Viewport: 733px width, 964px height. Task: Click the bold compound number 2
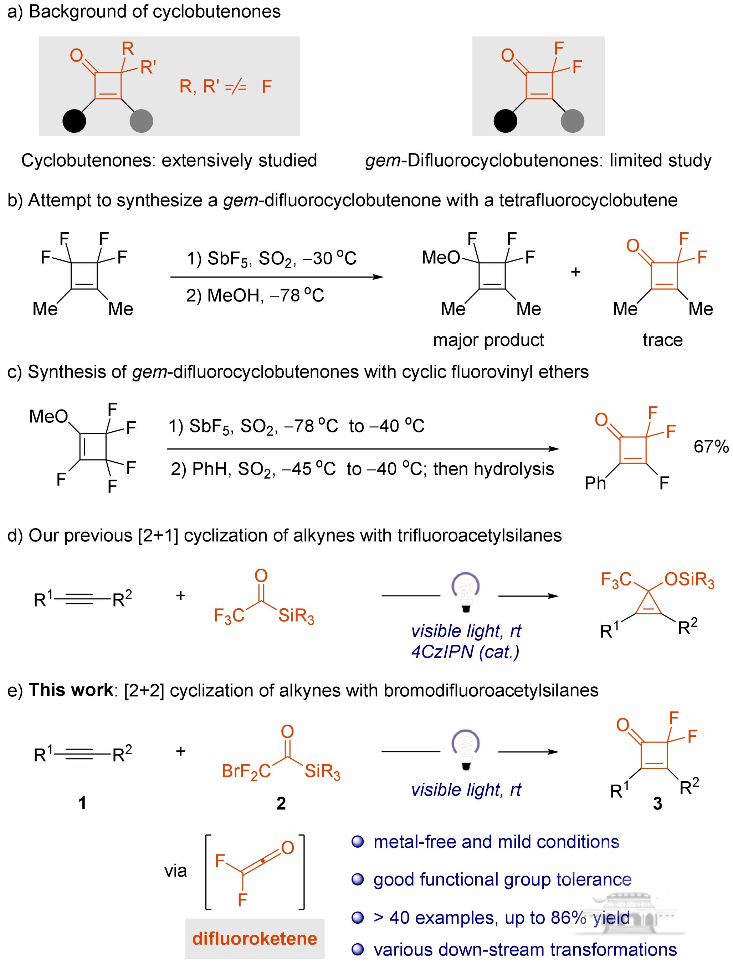[x=281, y=803]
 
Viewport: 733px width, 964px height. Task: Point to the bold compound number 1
[x=82, y=802]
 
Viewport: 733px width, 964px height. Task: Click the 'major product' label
[x=488, y=340]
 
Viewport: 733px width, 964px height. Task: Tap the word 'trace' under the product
[x=662, y=340]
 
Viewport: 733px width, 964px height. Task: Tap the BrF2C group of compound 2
[x=246, y=771]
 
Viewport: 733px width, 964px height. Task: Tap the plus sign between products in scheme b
[x=575, y=272]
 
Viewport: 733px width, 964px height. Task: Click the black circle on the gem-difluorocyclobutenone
[x=505, y=121]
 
